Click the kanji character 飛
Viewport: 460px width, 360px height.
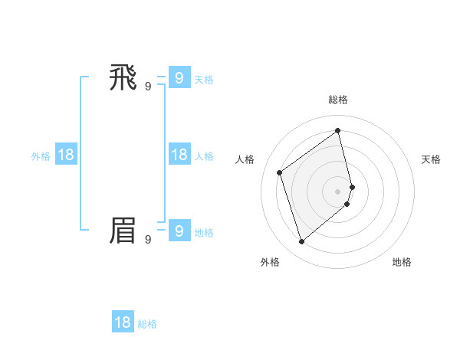pyautogui.click(x=123, y=77)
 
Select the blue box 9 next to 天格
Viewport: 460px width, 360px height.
pyautogui.click(x=179, y=77)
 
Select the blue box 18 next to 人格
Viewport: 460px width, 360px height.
pyautogui.click(x=179, y=155)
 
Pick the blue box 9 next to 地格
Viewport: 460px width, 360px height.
pyautogui.click(x=179, y=231)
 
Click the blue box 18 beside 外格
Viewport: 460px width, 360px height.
pyautogui.click(x=66, y=155)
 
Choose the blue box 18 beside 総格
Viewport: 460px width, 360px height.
pyautogui.click(x=123, y=322)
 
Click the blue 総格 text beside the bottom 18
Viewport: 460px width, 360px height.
pyautogui.click(x=147, y=324)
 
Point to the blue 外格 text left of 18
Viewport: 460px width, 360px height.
pyautogui.click(x=41, y=156)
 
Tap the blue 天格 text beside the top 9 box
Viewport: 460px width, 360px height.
pyautogui.click(x=204, y=80)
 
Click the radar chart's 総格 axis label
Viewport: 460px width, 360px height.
pyautogui.click(x=338, y=100)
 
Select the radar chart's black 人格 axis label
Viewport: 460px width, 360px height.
pyautogui.click(x=245, y=159)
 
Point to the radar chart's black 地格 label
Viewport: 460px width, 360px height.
pyautogui.click(x=402, y=262)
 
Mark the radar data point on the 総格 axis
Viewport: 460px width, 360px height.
pyautogui.click(x=338, y=131)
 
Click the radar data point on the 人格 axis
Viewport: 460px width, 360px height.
pyautogui.click(x=280, y=172)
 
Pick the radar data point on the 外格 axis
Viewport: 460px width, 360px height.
pyautogui.click(x=301, y=242)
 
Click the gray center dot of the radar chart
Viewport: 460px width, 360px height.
pyautogui.click(x=338, y=191)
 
